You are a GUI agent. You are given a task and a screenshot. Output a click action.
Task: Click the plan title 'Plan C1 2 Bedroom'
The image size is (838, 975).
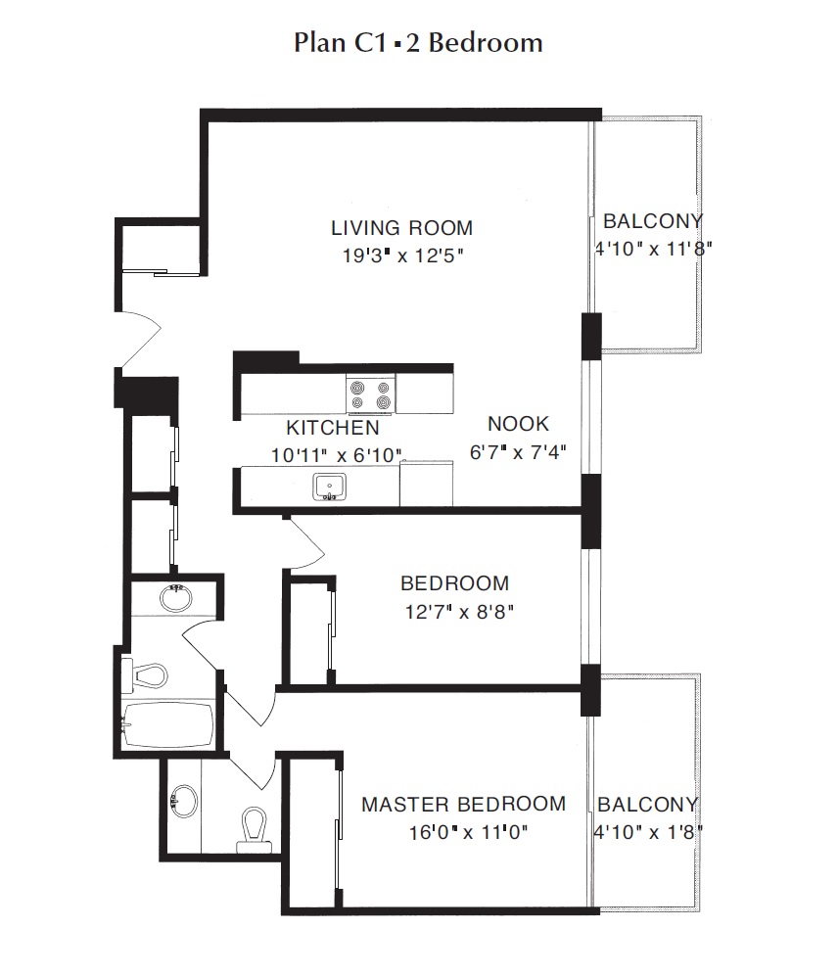click(x=418, y=43)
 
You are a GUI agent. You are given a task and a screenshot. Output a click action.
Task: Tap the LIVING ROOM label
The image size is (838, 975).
click(x=401, y=228)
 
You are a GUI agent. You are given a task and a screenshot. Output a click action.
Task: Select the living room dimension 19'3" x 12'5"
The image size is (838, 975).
click(x=402, y=255)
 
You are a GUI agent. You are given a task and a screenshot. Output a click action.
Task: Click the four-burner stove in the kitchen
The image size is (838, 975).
click(x=370, y=394)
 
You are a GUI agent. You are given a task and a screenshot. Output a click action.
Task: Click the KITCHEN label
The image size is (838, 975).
click(x=333, y=428)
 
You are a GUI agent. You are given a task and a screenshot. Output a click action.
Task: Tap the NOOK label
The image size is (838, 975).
click(x=519, y=424)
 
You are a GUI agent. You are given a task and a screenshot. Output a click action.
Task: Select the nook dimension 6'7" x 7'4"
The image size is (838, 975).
click(x=518, y=452)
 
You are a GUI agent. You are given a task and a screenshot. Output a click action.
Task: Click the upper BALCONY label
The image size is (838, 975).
click(x=653, y=220)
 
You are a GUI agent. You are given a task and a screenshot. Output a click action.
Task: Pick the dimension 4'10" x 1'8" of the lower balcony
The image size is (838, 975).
click(x=648, y=832)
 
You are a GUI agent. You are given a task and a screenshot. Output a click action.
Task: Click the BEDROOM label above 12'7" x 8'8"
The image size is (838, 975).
click(x=455, y=583)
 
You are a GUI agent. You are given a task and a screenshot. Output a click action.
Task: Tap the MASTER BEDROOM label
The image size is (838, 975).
click(x=464, y=804)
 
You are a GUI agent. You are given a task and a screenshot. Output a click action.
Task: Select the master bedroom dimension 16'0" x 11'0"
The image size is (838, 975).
click(x=468, y=832)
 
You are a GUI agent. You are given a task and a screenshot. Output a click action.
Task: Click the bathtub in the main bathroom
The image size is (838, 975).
click(x=167, y=724)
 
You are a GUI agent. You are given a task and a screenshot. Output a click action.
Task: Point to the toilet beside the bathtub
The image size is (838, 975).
click(x=145, y=675)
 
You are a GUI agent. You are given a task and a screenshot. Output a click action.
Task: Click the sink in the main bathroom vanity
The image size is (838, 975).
click(x=175, y=598)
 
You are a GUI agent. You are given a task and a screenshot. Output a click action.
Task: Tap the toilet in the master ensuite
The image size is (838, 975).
click(x=254, y=830)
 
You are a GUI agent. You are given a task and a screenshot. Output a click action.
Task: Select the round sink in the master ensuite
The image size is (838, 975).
click(x=184, y=801)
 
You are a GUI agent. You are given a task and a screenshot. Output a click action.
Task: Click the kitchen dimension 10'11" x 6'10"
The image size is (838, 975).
click(x=336, y=455)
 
